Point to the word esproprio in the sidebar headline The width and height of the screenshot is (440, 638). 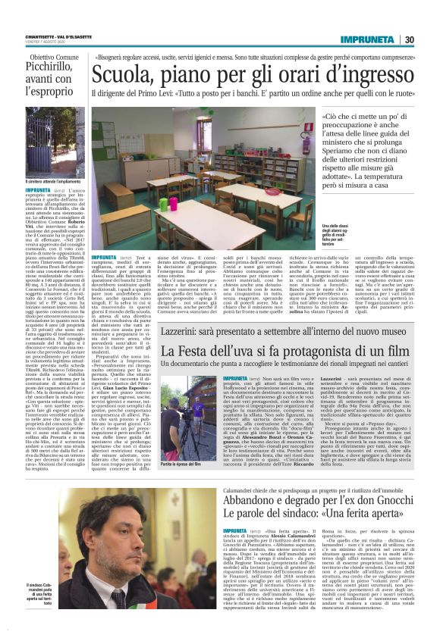51,91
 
